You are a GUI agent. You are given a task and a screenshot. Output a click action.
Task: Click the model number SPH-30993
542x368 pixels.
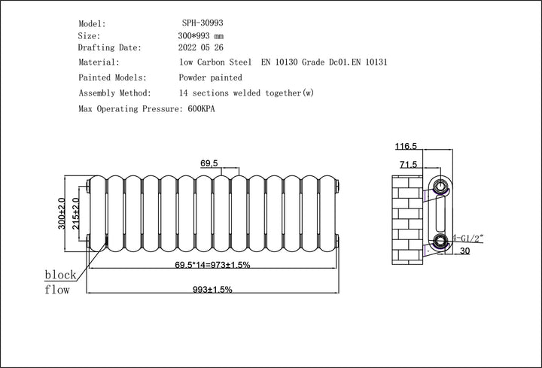point(202,24)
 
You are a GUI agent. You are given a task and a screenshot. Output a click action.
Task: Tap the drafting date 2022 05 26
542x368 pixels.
point(201,47)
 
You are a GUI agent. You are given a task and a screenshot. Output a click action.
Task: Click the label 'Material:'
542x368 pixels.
point(99,62)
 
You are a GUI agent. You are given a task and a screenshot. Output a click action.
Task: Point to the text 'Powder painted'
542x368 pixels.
point(210,78)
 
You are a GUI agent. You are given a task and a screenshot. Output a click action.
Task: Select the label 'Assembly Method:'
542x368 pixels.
point(115,93)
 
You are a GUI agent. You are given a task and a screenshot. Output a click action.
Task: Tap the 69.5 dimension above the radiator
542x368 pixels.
point(209,163)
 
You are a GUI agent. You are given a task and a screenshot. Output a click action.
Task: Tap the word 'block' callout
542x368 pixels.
point(60,275)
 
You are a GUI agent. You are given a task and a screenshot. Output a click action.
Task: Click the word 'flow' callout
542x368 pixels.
point(57,290)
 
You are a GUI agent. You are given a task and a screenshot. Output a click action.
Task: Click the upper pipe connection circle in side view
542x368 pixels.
point(440,184)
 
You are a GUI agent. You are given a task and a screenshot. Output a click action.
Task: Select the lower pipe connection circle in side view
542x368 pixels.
point(440,241)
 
